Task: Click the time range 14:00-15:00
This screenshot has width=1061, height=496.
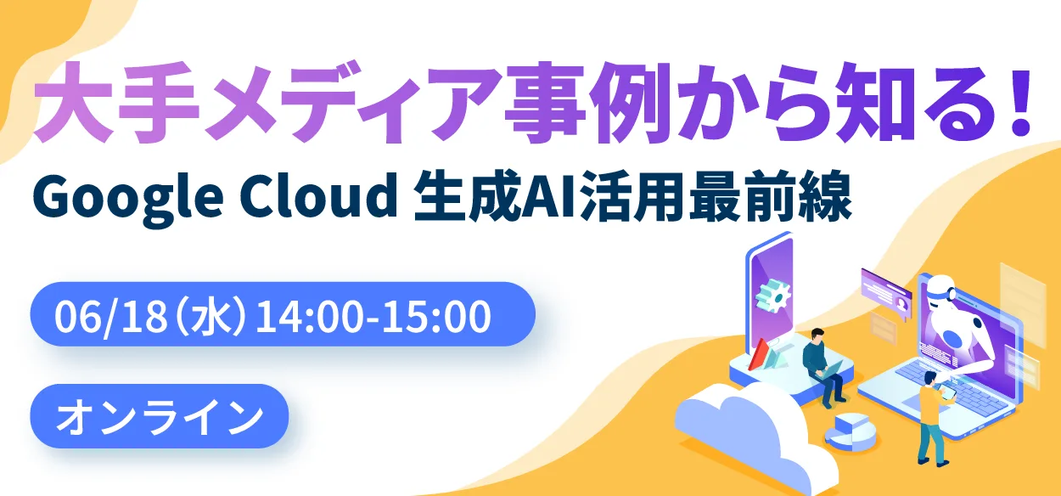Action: (x=373, y=318)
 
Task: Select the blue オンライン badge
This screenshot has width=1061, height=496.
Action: (x=159, y=416)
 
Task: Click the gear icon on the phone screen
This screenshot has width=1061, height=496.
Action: (x=772, y=296)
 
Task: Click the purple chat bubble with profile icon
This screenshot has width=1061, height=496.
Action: (x=885, y=289)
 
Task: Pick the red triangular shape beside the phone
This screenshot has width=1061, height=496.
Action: (x=761, y=353)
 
